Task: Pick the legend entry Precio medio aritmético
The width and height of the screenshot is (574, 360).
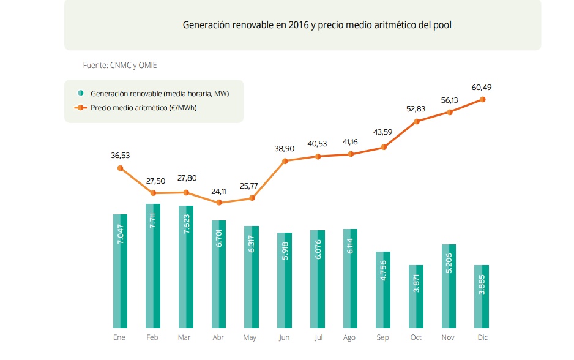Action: [143, 107]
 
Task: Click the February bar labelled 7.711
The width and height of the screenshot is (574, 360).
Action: [153, 266]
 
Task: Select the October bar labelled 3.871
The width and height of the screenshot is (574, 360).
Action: [416, 296]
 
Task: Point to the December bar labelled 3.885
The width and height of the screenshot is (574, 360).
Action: [482, 296]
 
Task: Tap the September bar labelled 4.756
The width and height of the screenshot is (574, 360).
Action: [383, 290]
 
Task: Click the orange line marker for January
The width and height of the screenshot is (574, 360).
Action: [120, 168]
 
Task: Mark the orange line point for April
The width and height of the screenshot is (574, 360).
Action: [219, 203]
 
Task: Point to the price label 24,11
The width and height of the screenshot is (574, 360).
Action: [219, 190]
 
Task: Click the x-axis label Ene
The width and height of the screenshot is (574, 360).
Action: [119, 337]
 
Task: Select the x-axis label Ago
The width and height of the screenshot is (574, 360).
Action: [350, 337]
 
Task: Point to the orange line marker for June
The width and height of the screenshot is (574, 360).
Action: [285, 161]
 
